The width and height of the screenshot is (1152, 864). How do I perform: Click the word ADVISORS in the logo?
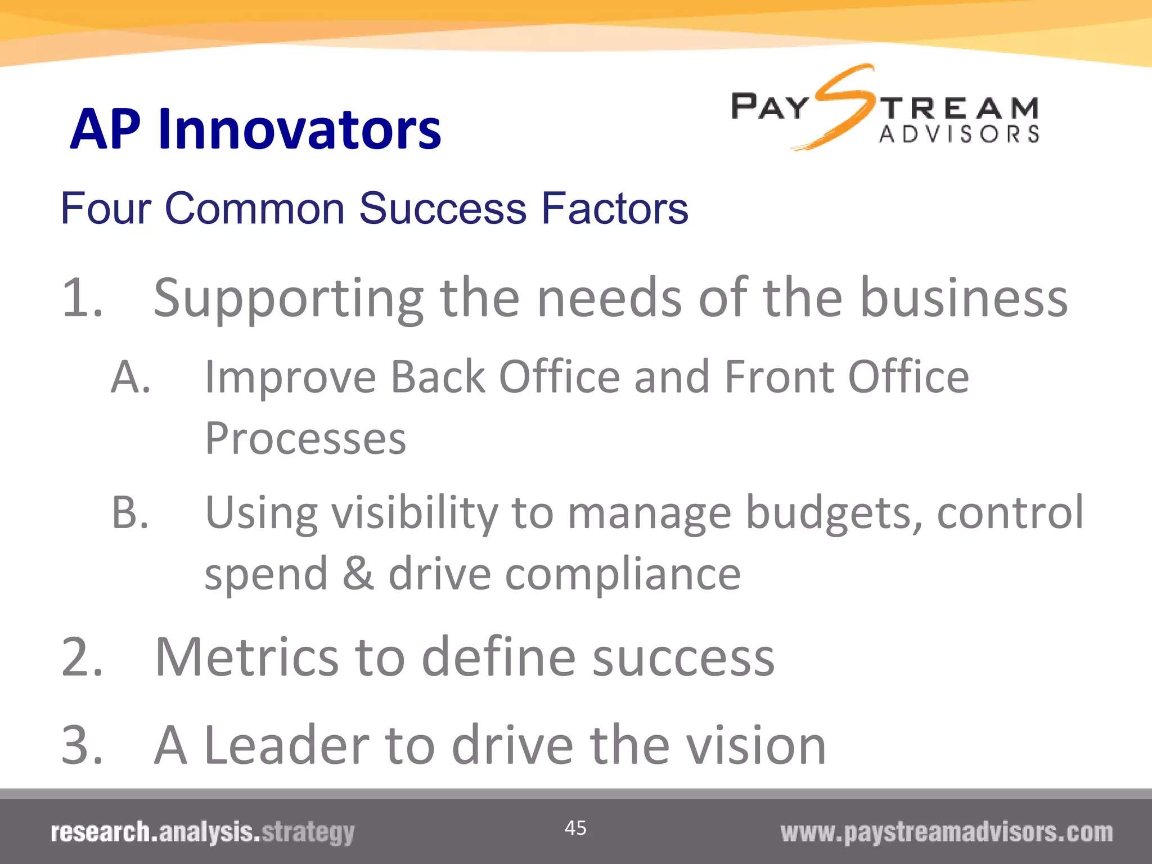(959, 134)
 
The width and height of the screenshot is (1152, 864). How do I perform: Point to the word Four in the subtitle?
(106, 209)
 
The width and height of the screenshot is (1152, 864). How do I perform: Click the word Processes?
(305, 439)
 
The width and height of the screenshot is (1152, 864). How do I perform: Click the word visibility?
(415, 513)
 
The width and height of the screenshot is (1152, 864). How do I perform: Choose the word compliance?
(622, 575)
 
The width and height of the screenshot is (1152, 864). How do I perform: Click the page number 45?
(575, 827)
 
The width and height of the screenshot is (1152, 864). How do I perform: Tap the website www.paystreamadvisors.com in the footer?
(946, 832)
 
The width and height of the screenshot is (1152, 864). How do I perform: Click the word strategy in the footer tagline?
(308, 832)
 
